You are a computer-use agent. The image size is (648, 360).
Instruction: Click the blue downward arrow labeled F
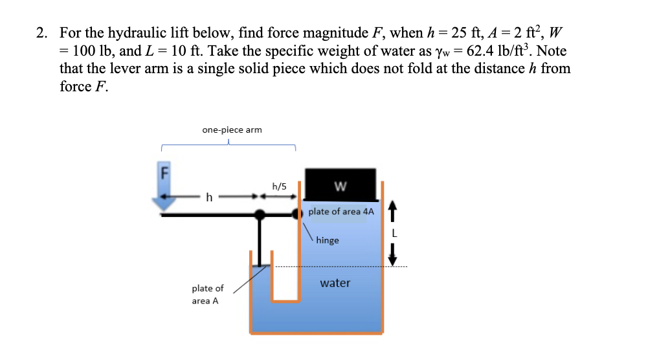166,188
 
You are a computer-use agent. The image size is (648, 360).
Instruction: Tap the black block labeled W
341,185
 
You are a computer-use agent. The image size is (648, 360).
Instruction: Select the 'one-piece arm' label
232,129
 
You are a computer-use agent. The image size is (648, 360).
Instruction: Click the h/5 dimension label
280,186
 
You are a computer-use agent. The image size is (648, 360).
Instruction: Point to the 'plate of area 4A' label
341,212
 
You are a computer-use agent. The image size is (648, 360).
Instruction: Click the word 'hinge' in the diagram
328,240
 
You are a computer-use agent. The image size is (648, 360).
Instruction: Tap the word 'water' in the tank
335,283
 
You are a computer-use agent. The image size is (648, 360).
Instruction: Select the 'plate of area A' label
207,295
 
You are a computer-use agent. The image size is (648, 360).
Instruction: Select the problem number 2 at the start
40,32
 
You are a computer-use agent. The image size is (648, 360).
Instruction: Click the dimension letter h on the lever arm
208,196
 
